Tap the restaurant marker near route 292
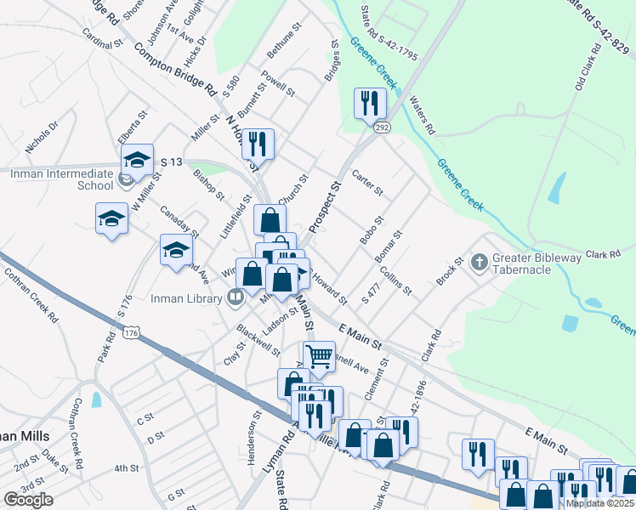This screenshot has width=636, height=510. click(x=369, y=104)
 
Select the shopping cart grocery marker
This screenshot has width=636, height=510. click(x=319, y=357)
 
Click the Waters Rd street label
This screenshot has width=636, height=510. click(x=422, y=116)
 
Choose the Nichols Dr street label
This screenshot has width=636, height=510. click(x=42, y=136)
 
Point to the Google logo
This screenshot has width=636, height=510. click(x=28, y=500)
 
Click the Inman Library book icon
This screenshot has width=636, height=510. click(x=236, y=297)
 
